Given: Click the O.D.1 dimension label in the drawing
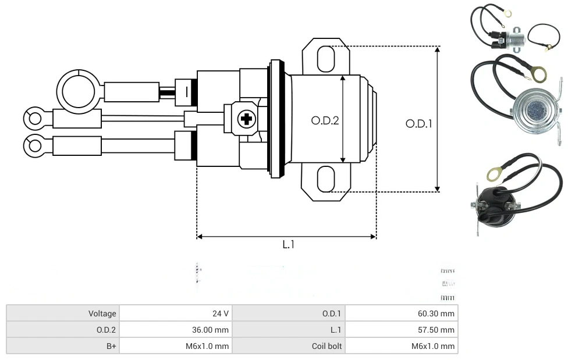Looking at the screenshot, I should coord(418,123).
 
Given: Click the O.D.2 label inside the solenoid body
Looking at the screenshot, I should coord(325,120).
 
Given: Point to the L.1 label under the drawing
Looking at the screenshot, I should coord(288,245).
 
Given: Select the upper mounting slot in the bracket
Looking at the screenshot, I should coord(326,59).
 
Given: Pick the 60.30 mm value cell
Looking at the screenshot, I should coord(402,313).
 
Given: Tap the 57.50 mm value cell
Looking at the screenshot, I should coord(402,330).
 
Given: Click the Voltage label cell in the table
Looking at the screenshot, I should coord(63,313).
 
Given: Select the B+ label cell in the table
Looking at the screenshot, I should coord(63,346).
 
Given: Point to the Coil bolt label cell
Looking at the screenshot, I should coord(289,346).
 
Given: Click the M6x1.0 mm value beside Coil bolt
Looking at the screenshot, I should coord(402,346).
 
